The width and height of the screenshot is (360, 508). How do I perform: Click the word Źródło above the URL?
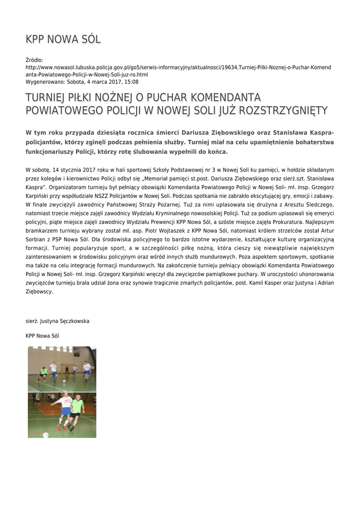(34, 60)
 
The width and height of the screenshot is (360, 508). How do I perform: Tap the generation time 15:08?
(132, 82)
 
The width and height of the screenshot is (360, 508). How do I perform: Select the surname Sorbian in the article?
(36, 240)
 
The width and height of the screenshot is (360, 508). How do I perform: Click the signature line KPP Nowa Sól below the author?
(42, 336)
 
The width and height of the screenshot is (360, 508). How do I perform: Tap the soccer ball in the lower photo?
(46, 435)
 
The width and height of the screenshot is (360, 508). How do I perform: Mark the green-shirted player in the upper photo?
(44, 372)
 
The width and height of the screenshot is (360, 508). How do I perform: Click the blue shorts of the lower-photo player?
(66, 411)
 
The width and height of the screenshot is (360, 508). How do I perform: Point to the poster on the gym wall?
(76, 352)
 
